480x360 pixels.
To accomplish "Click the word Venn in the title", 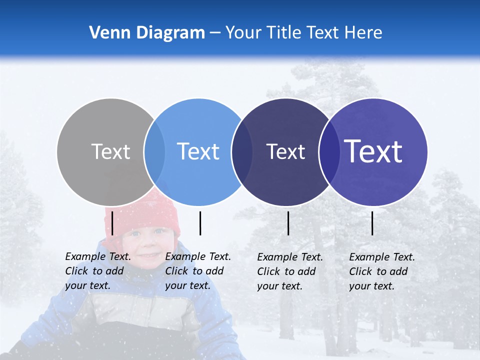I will tap(109, 33).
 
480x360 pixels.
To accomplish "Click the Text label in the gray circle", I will tap(110, 151).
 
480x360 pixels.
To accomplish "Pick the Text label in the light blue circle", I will tap(198, 151).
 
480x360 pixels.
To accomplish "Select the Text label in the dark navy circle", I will tap(285, 151).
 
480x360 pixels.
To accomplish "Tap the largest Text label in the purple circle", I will tap(373, 151).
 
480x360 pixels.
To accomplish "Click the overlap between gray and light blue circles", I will tap(154, 152).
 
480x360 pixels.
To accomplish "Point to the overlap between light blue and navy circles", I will tap(242, 152).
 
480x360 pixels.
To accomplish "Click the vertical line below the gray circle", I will tap(112, 223).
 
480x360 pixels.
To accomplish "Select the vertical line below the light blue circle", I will tap(200, 223).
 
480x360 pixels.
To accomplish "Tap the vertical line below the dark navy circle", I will tap(288, 223).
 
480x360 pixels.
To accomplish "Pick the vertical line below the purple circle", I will tap(372, 223).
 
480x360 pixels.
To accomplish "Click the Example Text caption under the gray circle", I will tap(98, 271).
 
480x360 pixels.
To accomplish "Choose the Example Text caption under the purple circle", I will tap(382, 271).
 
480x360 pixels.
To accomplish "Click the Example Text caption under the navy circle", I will tap(290, 271).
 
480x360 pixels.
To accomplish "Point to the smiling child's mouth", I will tap(148, 255).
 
